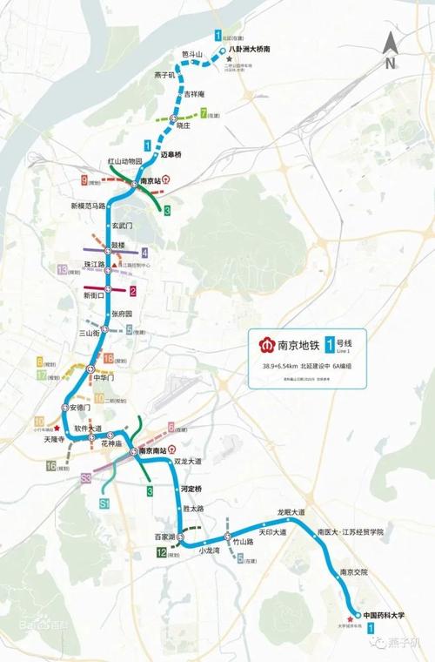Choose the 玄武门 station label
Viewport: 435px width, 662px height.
[x=127, y=224]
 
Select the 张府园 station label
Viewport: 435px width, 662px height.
[x=126, y=314]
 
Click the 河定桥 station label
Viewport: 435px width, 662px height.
[x=191, y=489]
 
